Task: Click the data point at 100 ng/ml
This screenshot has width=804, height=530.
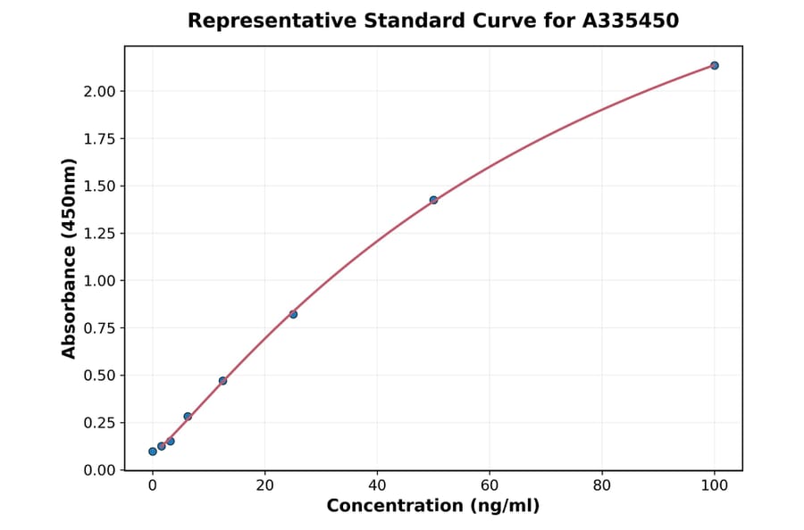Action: (714, 65)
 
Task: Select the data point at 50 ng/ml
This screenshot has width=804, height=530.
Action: (433, 200)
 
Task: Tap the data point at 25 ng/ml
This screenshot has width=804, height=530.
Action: (293, 314)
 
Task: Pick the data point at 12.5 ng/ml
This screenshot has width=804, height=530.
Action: (222, 381)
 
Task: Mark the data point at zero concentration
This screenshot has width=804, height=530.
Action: (153, 451)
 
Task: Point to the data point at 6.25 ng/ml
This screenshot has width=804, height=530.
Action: (188, 417)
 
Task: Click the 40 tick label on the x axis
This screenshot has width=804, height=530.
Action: (377, 485)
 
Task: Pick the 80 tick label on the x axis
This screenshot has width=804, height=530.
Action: (602, 485)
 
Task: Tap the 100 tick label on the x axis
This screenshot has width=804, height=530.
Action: (714, 485)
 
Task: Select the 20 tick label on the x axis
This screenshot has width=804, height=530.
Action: (264, 485)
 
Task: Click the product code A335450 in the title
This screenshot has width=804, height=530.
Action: (632, 21)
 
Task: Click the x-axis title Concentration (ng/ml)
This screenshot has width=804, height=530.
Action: (433, 506)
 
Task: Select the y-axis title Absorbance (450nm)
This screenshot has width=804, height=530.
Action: (70, 258)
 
